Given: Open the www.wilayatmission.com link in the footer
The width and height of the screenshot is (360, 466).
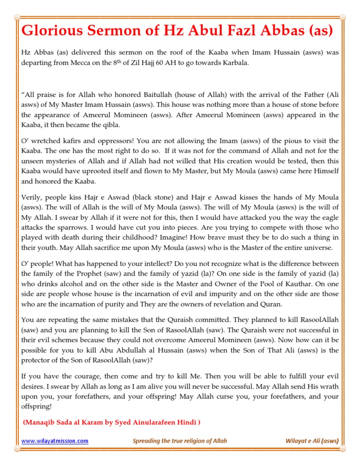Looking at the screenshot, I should coord(55,441).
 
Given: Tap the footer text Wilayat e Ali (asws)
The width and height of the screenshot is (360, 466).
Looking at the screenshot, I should coord(312,441).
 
